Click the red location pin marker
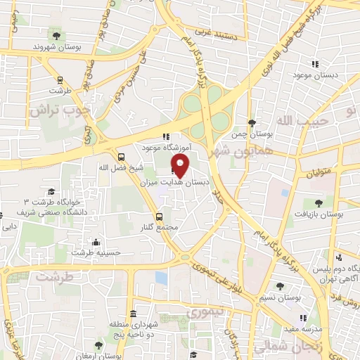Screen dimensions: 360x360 (181, 165)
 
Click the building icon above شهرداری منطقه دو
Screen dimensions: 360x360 (134, 314)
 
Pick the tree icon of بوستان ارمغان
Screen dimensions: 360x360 (98, 345)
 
